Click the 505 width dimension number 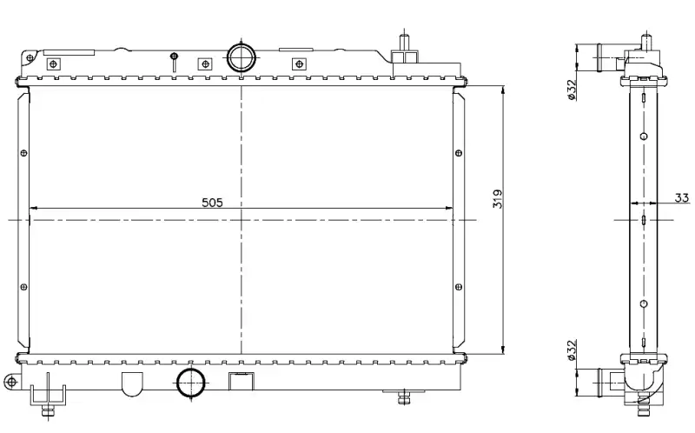coord(212,203)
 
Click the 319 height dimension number coord(498,199)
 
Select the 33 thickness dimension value coord(682,198)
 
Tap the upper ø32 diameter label coord(572,90)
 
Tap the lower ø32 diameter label coord(572,350)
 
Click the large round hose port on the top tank coord(242,57)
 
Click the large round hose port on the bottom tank coord(191,383)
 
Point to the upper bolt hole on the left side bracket coord(24,153)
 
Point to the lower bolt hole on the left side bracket coord(24,288)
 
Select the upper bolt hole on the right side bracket coord(459,153)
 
